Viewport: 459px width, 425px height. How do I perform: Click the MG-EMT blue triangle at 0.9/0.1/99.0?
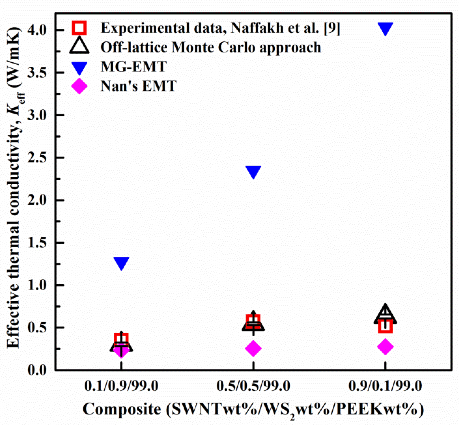point(385,28)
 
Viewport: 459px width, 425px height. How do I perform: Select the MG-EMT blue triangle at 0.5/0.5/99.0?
point(253,171)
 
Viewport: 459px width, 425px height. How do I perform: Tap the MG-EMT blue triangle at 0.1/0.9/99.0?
point(121,263)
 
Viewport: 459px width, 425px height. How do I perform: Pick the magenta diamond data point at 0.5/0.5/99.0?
point(253,348)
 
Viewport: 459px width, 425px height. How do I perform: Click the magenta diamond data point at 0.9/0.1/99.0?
point(385,346)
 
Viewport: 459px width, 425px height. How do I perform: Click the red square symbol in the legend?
point(79,28)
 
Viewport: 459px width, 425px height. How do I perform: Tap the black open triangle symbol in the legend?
point(79,46)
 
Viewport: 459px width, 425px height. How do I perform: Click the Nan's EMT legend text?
point(138,86)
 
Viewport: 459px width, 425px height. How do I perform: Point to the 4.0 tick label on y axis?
point(37,30)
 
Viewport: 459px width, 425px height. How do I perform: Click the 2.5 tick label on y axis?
point(37,158)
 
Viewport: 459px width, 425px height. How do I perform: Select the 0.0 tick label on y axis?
point(37,370)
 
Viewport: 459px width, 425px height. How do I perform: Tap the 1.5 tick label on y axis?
point(37,243)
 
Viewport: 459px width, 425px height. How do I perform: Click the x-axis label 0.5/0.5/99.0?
point(253,386)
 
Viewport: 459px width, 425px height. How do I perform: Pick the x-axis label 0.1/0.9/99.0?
point(121,386)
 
